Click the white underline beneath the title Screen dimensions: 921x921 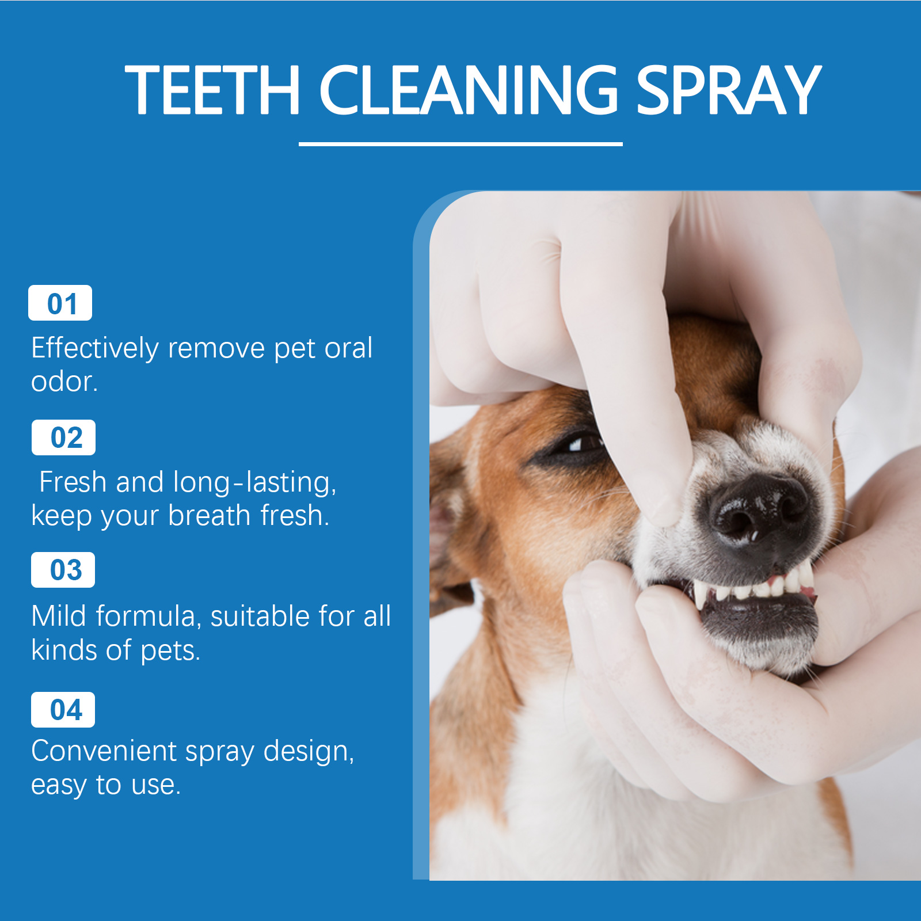click(461, 144)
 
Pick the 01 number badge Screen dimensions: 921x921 click(60, 303)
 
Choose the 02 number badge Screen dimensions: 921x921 click(63, 437)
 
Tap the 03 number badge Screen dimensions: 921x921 click(63, 570)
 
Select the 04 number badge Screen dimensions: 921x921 click(63, 710)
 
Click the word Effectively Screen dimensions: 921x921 click(95, 348)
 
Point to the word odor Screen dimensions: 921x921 click(64, 382)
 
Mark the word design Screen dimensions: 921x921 click(309, 752)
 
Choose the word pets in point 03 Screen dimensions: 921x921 click(170, 651)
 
